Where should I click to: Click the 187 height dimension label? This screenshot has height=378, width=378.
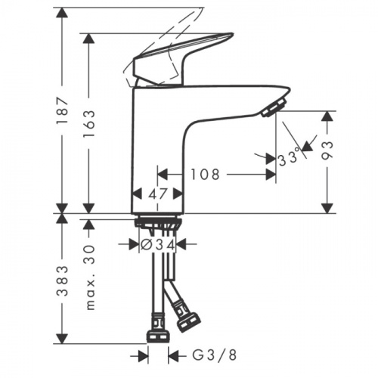click(62, 110)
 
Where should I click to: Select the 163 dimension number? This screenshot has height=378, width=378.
click(89, 123)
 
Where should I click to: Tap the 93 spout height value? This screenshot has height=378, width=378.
click(327, 150)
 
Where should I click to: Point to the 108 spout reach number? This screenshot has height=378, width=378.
click(205, 175)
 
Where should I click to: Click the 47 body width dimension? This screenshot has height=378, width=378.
click(157, 194)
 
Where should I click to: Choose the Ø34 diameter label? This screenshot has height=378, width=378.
click(157, 245)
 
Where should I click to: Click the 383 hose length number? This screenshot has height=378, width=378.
click(62, 280)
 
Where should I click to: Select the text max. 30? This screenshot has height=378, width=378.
click(90, 277)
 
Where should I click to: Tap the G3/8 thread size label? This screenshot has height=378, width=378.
click(215, 355)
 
